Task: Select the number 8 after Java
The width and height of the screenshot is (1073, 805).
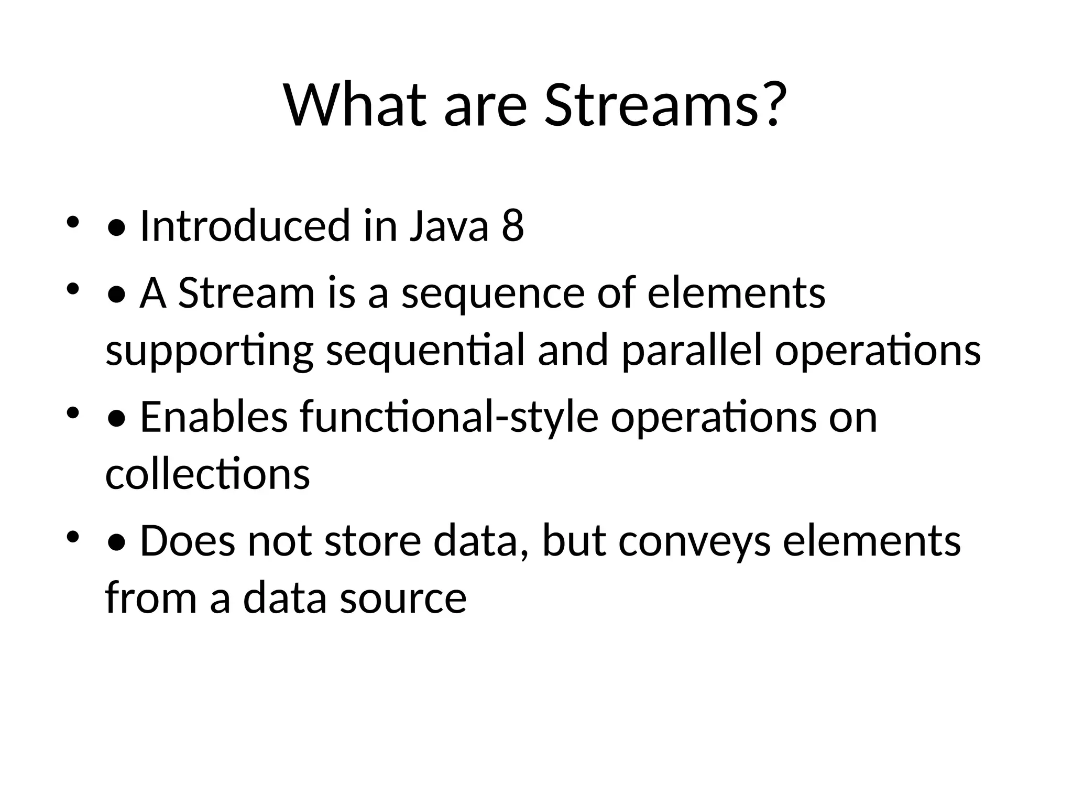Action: click(512, 226)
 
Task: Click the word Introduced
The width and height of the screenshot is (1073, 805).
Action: click(245, 226)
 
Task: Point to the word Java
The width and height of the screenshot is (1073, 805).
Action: click(448, 226)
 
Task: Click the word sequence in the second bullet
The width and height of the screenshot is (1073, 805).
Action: click(492, 293)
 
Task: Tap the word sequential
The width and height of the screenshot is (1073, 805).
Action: click(425, 350)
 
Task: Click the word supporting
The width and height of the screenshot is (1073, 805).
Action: click(209, 350)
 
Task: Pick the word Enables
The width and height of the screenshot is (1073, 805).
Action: click(214, 417)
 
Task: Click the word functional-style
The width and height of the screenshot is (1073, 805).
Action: click(449, 417)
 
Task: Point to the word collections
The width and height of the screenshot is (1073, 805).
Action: click(207, 474)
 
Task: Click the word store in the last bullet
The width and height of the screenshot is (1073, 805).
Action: click(373, 541)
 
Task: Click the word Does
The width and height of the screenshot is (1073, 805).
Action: click(188, 541)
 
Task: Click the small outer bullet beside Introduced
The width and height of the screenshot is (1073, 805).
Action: click(72, 223)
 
